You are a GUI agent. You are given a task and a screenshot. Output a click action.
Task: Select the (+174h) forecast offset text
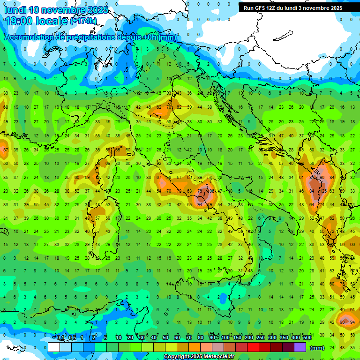(x=83, y=21)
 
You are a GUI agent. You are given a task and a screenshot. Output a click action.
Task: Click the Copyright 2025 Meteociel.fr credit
(x=199, y=357)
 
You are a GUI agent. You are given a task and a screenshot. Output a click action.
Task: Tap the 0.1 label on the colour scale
(x=60, y=338)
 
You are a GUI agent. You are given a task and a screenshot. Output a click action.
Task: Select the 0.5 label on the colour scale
(x=72, y=338)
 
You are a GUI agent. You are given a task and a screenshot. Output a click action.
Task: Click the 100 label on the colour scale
(x=225, y=338)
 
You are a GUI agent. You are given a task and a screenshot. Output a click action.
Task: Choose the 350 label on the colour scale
(x=284, y=338)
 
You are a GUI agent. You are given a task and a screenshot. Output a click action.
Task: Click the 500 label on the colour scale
(x=307, y=338)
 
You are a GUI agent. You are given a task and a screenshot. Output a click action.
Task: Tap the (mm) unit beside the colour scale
(x=318, y=348)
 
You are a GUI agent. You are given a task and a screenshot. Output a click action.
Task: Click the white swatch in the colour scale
(x=54, y=347)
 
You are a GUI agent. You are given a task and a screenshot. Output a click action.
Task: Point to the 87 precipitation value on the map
(x=5, y=150)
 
